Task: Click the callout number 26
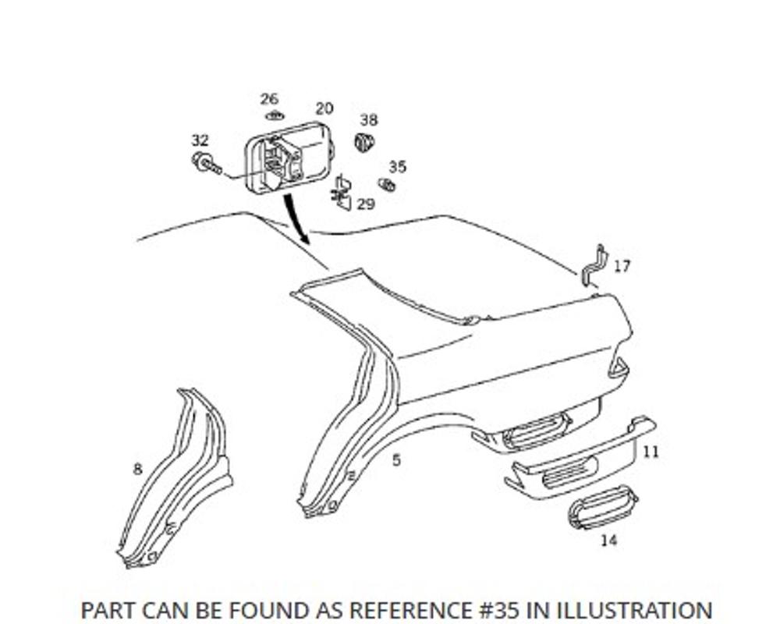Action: tap(269, 99)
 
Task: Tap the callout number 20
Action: tap(324, 108)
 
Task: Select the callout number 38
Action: tap(369, 120)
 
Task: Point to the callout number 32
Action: tap(200, 140)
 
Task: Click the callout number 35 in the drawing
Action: tap(397, 167)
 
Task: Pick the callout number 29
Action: tap(366, 204)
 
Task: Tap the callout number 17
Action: tap(622, 266)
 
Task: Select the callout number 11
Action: tap(651, 452)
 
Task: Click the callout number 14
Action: tap(608, 540)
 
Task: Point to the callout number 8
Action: tap(137, 469)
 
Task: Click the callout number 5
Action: tap(396, 460)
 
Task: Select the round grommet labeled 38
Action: tap(363, 142)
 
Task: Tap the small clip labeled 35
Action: tap(386, 185)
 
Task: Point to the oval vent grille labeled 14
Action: tap(602, 507)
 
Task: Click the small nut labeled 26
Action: tap(273, 116)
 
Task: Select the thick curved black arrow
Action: tap(294, 214)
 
